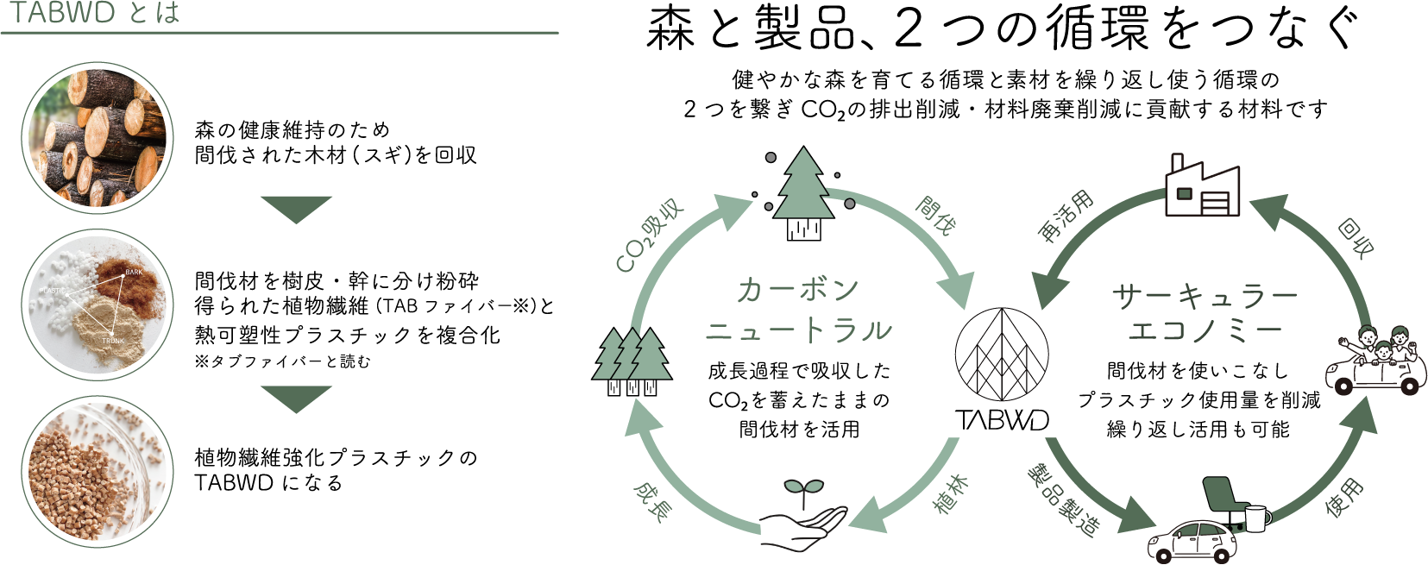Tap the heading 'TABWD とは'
click(x=93, y=14)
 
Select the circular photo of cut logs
click(x=98, y=137)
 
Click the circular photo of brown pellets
click(x=98, y=471)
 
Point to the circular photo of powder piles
click(x=98, y=304)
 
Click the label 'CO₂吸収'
click(x=650, y=235)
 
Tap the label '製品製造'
click(x=1064, y=500)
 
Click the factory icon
click(x=1201, y=187)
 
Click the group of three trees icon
click(x=632, y=361)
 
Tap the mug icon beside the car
click(x=1257, y=518)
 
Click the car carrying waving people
click(x=1375, y=362)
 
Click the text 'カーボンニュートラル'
click(x=798, y=310)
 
